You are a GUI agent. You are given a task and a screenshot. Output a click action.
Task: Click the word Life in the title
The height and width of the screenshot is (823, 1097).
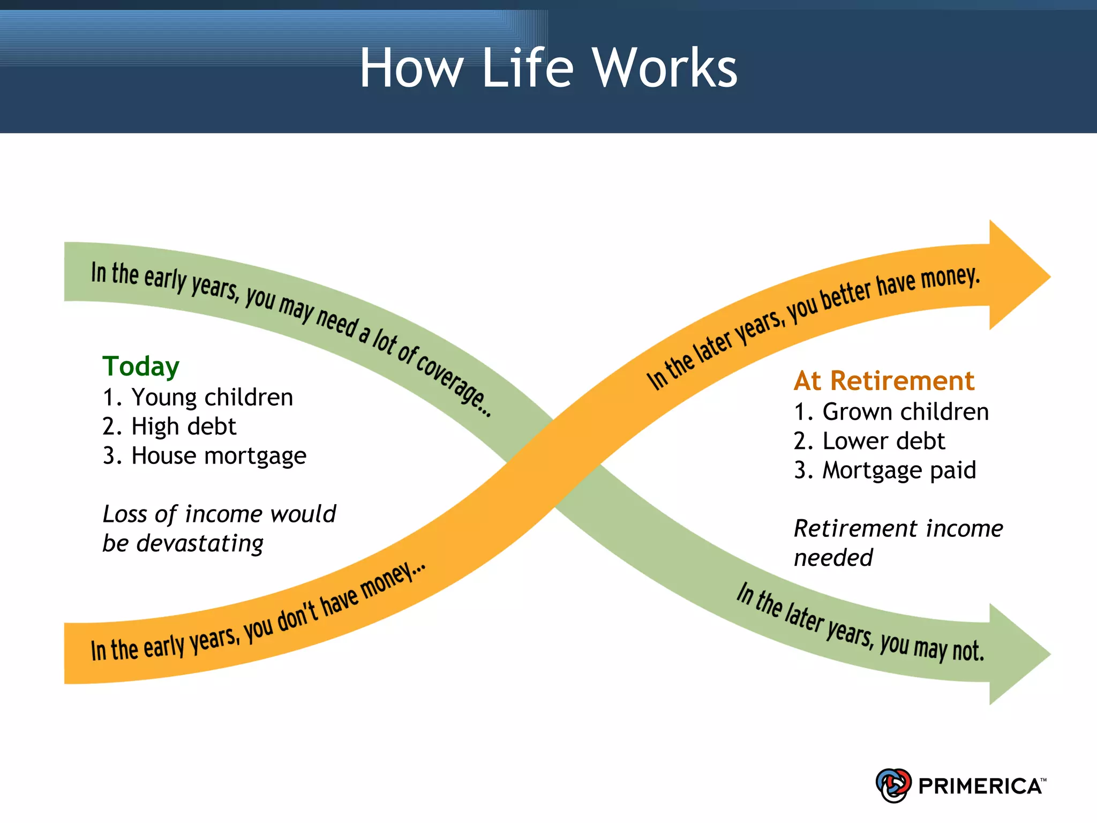pyautogui.click(x=528, y=68)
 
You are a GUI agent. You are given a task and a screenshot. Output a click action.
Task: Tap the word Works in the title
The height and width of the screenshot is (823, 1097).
pyautogui.click(x=665, y=68)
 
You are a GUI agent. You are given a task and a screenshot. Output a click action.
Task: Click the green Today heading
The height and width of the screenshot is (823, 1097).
pyautogui.click(x=141, y=366)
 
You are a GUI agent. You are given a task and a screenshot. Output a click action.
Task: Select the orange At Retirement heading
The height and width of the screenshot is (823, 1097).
pyautogui.click(x=884, y=381)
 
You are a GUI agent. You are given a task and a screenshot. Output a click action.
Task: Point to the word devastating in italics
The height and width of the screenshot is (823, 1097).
pyautogui.click(x=200, y=544)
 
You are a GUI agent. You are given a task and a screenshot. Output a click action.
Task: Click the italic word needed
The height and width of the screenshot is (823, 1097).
pyautogui.click(x=833, y=558)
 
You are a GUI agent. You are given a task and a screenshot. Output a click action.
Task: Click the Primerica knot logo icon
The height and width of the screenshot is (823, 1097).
pyautogui.click(x=893, y=785)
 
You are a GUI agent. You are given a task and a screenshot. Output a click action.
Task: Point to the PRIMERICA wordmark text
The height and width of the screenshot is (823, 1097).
pyautogui.click(x=980, y=786)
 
